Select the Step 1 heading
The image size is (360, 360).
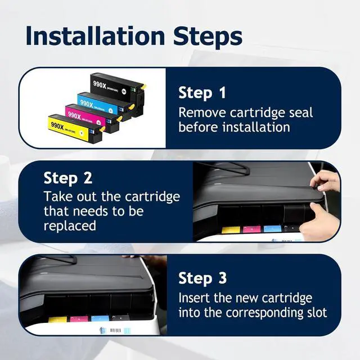[x=203, y=93]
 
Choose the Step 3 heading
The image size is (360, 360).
[x=203, y=278]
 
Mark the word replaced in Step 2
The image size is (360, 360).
[x=70, y=226]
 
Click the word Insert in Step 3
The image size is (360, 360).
[x=195, y=298]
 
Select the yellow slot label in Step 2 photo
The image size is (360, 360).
[x=231, y=230]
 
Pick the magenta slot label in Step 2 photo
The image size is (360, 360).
[x=251, y=230]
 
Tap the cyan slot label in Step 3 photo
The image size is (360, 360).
[x=100, y=319]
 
